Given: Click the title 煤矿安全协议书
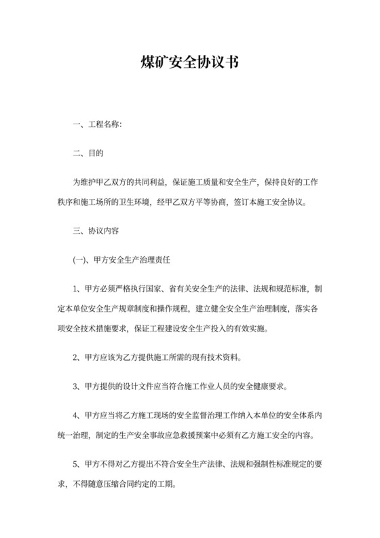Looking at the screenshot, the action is click(x=190, y=65).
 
